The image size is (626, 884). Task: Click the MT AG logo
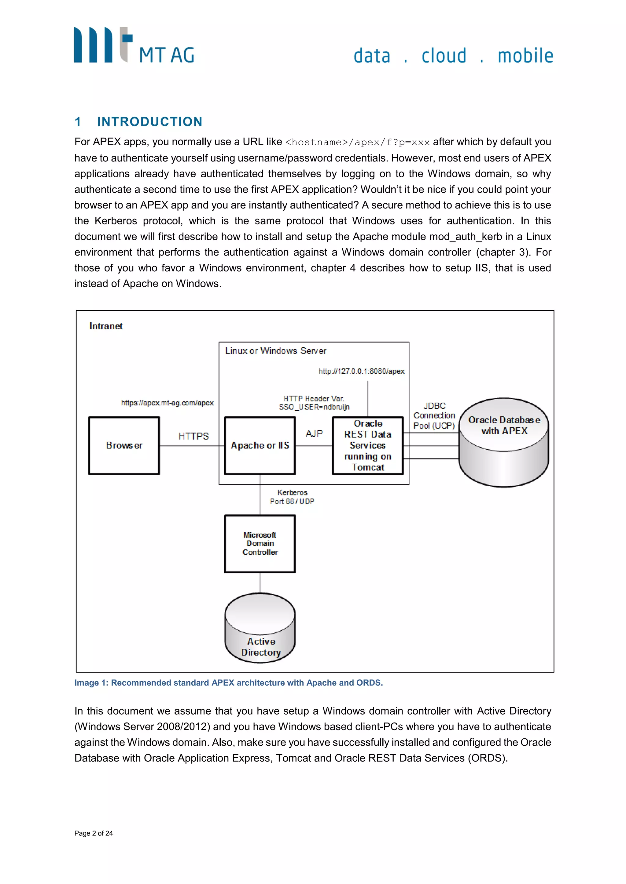tap(134, 45)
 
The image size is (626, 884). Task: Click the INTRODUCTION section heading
tap(149, 122)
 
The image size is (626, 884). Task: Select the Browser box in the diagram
tap(124, 445)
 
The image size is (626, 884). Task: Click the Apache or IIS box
tap(260, 445)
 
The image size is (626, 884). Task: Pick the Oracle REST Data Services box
tap(368, 445)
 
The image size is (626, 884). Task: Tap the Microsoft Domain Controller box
tap(260, 544)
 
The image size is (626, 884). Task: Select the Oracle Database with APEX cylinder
tap(504, 443)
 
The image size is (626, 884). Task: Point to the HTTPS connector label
tap(193, 436)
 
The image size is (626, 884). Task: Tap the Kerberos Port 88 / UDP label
tap(292, 497)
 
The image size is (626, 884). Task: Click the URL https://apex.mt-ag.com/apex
tap(167, 403)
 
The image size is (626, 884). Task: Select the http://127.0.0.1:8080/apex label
tap(362, 371)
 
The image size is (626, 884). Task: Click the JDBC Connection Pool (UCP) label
tap(434, 416)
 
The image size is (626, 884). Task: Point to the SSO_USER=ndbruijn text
tap(314, 407)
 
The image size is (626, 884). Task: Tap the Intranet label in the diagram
tap(106, 326)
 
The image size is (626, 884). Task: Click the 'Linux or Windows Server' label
tap(276, 351)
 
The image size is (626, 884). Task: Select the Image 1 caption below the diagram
tap(228, 683)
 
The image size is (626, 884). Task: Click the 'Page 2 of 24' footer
tap(94, 833)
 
